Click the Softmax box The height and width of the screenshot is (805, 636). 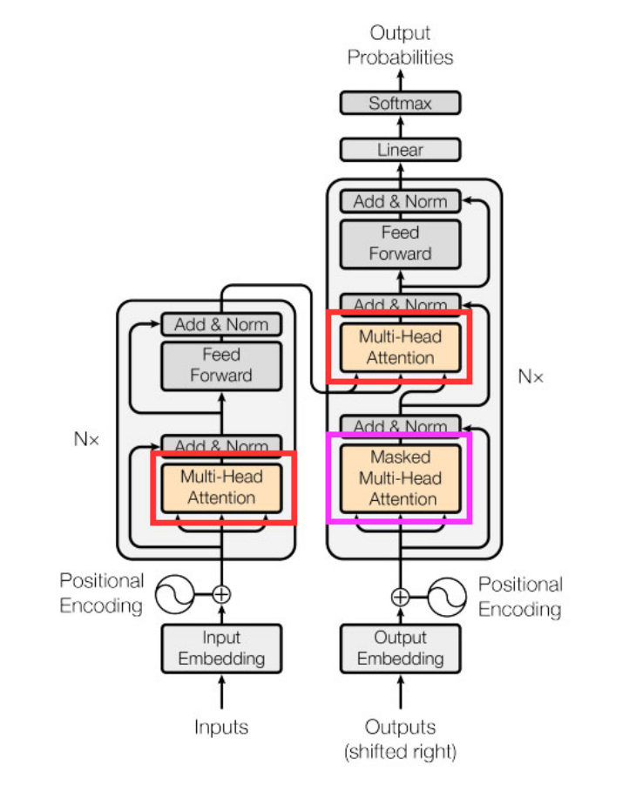400,103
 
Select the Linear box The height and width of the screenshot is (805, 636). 400,150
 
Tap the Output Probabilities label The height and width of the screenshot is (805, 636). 400,45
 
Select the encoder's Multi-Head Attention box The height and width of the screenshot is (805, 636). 221,487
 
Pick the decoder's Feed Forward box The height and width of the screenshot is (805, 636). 400,244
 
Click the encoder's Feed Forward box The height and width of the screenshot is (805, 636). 221,366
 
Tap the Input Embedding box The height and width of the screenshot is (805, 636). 221,648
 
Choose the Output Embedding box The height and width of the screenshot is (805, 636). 400,648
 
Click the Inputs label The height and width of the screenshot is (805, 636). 221,727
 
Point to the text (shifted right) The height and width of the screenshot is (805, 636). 400,750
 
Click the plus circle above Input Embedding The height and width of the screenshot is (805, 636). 221,594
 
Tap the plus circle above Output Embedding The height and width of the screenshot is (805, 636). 400,597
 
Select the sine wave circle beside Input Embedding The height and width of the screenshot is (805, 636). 175,594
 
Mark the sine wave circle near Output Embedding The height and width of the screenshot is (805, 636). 447,597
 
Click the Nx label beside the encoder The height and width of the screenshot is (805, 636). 87,439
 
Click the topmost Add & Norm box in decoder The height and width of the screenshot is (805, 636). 400,201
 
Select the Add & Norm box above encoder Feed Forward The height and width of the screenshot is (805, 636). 221,324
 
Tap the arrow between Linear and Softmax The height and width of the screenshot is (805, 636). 400,127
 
